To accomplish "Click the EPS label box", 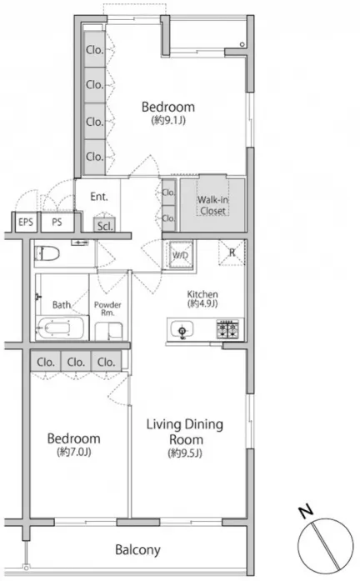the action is coord(26,223).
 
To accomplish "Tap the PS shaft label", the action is coord(57,223).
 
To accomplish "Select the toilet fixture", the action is coord(47,253).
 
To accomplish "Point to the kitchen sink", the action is coord(182,328).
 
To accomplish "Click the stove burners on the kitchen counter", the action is coord(227,329).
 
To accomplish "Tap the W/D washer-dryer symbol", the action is coord(181,254).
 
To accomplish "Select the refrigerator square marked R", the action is coord(232,253).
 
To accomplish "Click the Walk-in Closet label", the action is coord(212,205).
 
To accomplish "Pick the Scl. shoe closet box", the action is coord(104,225).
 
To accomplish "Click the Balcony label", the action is coord(137,549).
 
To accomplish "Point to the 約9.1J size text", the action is coord(168,120).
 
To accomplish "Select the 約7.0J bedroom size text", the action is coord(74,452).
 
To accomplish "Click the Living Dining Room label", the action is coord(185,432).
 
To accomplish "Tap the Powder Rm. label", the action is coord(107,308).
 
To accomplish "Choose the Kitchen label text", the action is coord(202,294).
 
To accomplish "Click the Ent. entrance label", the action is coord(99,197).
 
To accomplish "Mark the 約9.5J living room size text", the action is coord(185,453).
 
